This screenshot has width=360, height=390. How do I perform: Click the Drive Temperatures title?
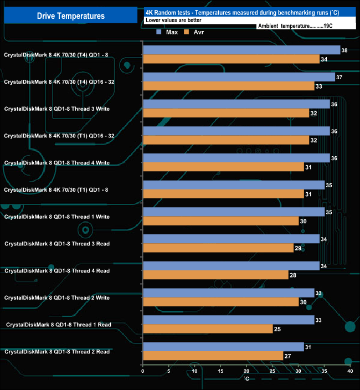point(70,16)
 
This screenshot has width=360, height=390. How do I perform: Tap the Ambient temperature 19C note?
point(302,26)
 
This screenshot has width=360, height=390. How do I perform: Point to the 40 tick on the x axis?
point(349,371)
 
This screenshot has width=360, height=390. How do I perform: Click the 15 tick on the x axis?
point(220,371)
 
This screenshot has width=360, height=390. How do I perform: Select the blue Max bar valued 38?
point(241,50)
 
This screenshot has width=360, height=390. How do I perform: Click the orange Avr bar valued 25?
point(208,329)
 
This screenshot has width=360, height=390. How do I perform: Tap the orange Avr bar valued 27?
point(213,356)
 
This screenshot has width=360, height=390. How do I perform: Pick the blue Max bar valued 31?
point(223,347)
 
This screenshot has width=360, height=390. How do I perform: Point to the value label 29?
point(298,249)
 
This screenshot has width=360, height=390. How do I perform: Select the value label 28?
point(292,275)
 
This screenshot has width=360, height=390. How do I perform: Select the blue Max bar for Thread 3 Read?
point(231,239)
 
